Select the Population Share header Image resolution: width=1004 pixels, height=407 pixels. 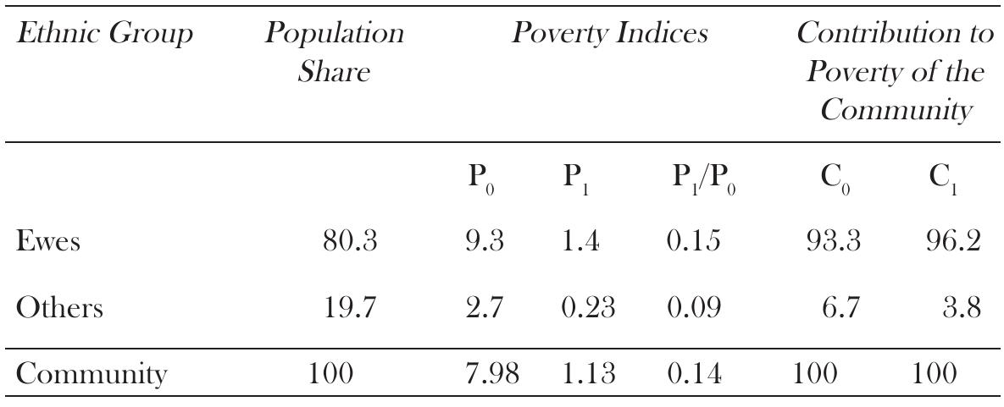click(x=334, y=52)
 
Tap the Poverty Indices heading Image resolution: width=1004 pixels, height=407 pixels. click(x=609, y=35)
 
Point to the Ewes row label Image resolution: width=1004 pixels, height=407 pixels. click(x=47, y=242)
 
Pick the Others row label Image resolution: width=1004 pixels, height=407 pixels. click(x=59, y=307)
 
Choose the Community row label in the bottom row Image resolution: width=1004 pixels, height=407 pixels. click(x=91, y=374)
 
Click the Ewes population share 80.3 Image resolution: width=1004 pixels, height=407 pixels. click(x=349, y=242)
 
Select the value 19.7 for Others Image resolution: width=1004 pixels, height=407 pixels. click(x=349, y=307)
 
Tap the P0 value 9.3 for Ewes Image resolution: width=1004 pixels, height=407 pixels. click(x=485, y=242)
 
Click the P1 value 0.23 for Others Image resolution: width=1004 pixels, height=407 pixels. click(x=589, y=307)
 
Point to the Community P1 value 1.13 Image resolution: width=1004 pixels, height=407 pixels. click(x=589, y=373)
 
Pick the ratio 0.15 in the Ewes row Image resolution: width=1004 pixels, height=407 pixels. click(x=693, y=242)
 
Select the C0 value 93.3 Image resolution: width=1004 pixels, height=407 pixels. click(x=832, y=242)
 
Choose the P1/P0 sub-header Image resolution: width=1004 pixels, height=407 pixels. click(x=703, y=179)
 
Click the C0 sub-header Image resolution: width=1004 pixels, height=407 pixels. click(x=832, y=179)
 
